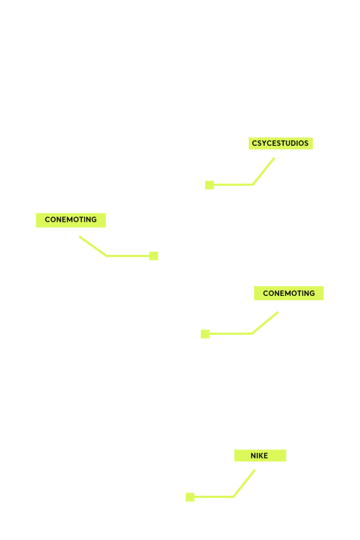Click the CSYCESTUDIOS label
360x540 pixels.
click(x=281, y=143)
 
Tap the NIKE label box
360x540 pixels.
click(x=260, y=456)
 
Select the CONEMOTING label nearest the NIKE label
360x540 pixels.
click(x=289, y=293)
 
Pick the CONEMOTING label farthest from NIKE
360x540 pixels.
click(x=71, y=220)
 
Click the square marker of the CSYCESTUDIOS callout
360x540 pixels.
click(x=209, y=185)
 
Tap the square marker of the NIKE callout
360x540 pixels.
click(x=190, y=497)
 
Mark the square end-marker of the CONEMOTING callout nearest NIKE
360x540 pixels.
click(x=205, y=334)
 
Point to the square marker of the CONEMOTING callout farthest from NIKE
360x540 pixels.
click(x=154, y=256)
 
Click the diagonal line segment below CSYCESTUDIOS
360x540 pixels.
click(x=263, y=171)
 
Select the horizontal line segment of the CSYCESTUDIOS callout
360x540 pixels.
click(x=233, y=185)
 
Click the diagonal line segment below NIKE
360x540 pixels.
click(x=244, y=483)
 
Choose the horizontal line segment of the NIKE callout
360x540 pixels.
click(x=214, y=497)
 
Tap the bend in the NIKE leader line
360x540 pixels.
click(x=234, y=497)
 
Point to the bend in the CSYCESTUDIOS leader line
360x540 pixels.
click(x=253, y=185)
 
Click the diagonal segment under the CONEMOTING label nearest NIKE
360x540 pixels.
click(x=265, y=323)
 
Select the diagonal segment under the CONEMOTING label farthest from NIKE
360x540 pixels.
click(x=93, y=246)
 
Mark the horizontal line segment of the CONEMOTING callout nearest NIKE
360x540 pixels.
click(x=231, y=334)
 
